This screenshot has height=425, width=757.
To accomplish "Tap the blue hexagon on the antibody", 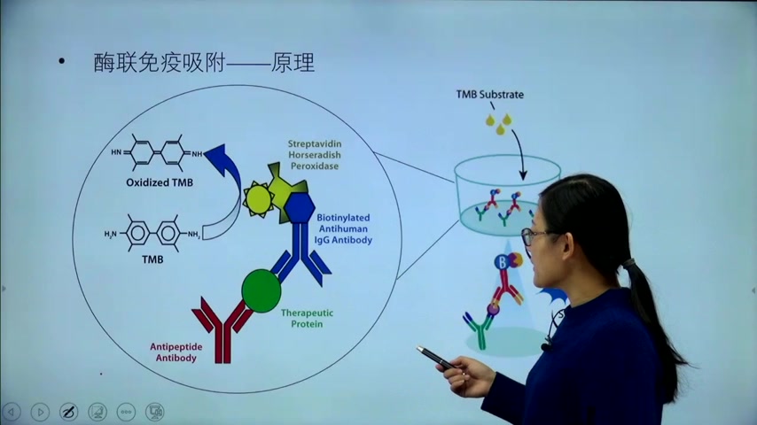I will point(300,207).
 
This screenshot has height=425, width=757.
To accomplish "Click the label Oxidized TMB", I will point(159,183).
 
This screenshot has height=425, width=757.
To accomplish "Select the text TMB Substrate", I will point(490,95).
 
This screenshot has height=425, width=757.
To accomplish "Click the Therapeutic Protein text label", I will point(301,318).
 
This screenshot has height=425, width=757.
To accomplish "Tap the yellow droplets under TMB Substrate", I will point(502,123).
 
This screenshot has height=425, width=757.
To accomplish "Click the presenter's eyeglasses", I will point(535,236).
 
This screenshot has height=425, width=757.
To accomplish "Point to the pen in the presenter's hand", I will point(435,357).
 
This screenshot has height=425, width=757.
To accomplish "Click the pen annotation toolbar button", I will point(68,412).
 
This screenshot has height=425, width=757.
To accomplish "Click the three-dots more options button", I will point(126,412).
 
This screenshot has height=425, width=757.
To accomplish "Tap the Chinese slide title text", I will point(205,63).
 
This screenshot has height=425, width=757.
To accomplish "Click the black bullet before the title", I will point(61,62).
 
